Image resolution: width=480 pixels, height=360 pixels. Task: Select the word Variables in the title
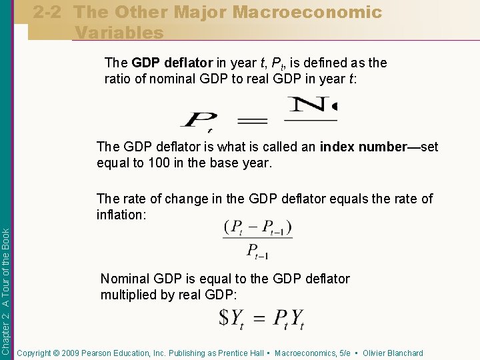(119, 32)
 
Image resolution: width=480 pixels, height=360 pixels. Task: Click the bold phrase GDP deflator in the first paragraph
(173, 63)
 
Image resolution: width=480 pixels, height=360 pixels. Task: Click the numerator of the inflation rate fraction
(258, 228)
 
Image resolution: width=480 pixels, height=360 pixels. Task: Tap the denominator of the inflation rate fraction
(258, 251)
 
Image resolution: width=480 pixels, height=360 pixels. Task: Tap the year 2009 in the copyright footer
(67, 353)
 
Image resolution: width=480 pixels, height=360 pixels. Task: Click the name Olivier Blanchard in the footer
(393, 353)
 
